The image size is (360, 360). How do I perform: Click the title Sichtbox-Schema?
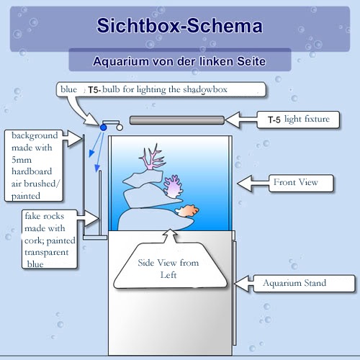(x=179, y=26)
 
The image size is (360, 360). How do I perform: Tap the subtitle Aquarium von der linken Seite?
(x=179, y=61)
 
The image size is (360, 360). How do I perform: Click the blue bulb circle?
(x=104, y=127)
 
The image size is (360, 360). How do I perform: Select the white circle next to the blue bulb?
(x=120, y=127)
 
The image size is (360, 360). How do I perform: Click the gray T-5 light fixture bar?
(x=177, y=120)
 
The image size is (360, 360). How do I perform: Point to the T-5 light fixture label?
(x=299, y=120)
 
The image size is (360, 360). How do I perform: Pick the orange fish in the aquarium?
(x=187, y=210)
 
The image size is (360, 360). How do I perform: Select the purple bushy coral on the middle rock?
(x=172, y=186)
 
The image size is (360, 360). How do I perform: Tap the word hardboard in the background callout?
(x=32, y=171)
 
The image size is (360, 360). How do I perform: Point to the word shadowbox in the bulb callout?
(x=205, y=89)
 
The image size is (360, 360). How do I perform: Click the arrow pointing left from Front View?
(x=253, y=184)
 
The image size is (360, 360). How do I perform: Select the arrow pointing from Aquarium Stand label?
(x=244, y=284)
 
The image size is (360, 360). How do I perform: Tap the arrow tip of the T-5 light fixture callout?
(x=225, y=120)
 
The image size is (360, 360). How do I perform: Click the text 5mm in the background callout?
(x=22, y=160)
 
